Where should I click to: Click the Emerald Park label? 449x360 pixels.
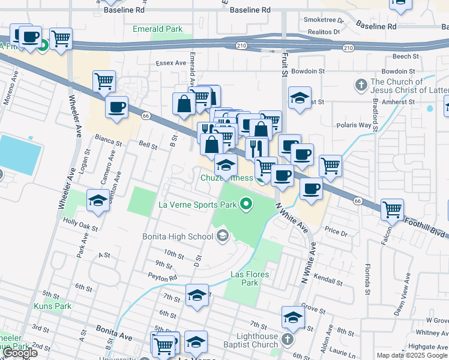[157, 29]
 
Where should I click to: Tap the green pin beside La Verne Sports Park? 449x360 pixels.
[246, 205]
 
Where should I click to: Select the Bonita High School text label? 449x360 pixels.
[178, 236]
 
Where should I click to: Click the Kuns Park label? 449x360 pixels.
[57, 306]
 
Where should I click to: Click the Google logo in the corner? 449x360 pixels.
[20, 353]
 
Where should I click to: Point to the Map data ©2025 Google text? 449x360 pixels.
[412, 355]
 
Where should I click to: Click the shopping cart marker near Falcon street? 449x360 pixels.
[392, 209]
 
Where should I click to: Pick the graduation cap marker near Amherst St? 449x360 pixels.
[300, 98]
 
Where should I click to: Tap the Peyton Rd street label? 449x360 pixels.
[164, 278]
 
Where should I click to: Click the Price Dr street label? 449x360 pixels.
[336, 232]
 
